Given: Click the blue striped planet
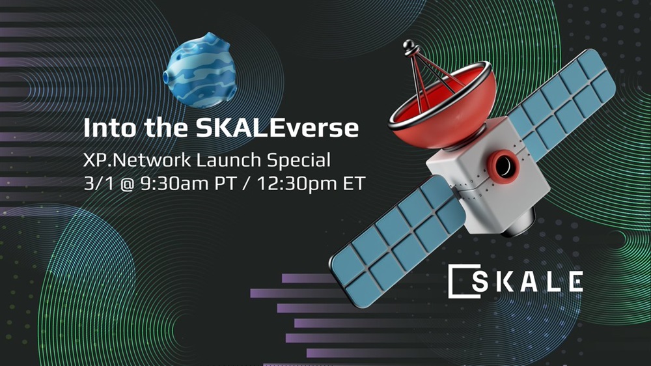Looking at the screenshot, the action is click(200, 70).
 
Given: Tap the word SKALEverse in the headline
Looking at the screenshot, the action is click(277, 128).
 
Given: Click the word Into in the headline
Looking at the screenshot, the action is click(109, 128).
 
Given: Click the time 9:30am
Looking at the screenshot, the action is click(174, 184).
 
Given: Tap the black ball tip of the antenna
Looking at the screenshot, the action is click(409, 44).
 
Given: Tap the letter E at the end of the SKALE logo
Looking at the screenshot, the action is click(575, 281).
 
